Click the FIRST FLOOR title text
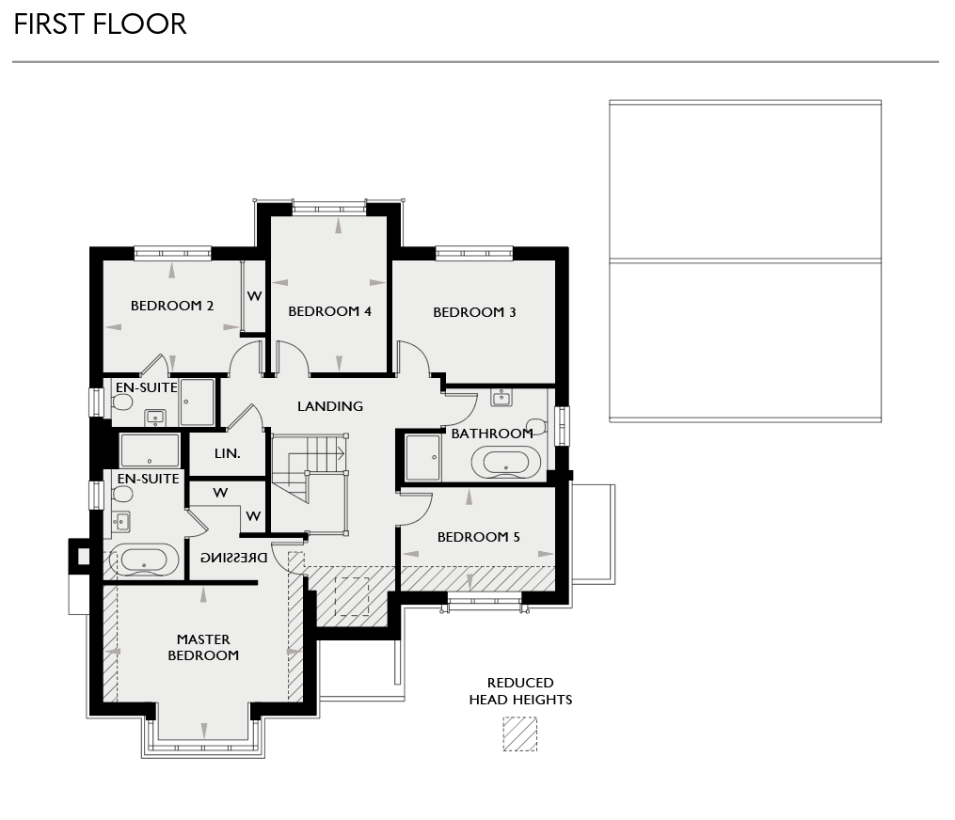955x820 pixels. (100, 24)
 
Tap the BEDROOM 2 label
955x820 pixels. (172, 306)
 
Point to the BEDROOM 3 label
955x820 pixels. (474, 312)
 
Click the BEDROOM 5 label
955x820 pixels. (479, 537)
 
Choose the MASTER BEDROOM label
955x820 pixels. (203, 648)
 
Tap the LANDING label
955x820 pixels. (330, 406)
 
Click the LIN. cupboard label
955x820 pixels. (228, 453)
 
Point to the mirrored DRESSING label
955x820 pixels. (233, 558)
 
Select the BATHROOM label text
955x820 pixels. (492, 434)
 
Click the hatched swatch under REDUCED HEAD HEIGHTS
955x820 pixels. (519, 734)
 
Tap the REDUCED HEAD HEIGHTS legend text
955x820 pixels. (520, 691)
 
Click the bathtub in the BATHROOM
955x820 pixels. (505, 463)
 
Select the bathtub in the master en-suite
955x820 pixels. (144, 560)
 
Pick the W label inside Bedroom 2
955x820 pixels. (254, 295)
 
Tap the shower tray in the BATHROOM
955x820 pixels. (422, 458)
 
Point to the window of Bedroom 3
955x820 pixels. (474, 252)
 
